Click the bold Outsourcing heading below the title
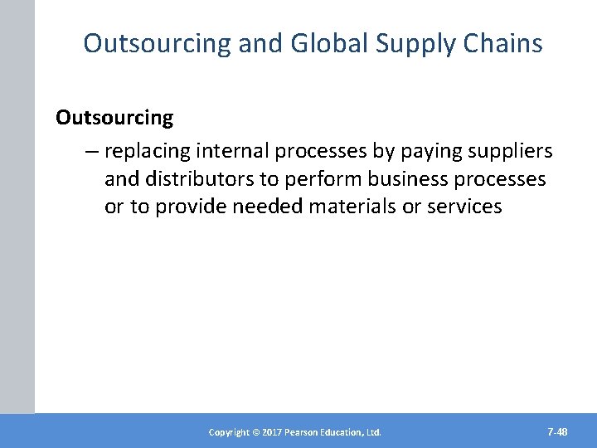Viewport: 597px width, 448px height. (x=114, y=118)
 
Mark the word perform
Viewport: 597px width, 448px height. (x=316, y=178)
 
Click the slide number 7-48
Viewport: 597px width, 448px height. (x=557, y=431)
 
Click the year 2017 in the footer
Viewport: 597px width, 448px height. (x=270, y=432)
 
